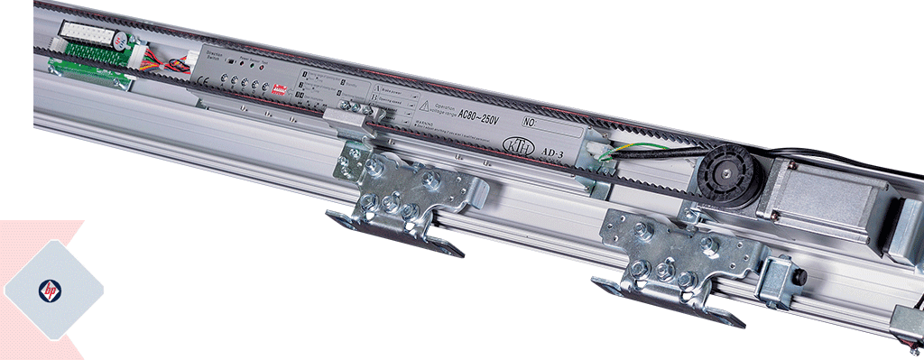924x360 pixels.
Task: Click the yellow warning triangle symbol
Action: coord(424,106)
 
